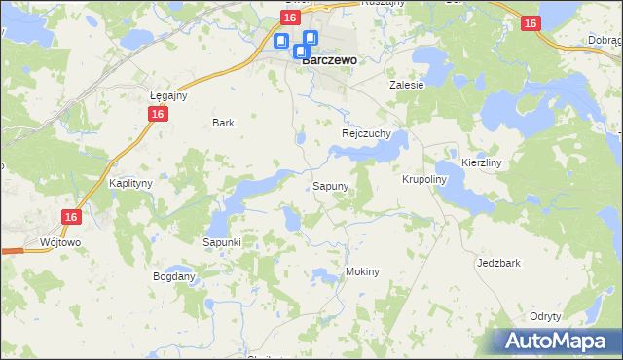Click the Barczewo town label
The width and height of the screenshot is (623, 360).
pyautogui.click(x=329, y=59)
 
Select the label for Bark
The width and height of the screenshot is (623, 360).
pyautogui.click(x=224, y=124)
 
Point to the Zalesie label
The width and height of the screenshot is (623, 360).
pyautogui.click(x=407, y=85)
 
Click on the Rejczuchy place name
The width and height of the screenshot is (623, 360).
pyautogui.click(x=366, y=133)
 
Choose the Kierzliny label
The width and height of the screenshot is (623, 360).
pyautogui.click(x=481, y=163)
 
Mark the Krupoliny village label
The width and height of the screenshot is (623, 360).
pyautogui.click(x=423, y=180)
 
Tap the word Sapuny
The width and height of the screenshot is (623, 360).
pyautogui.click(x=331, y=185)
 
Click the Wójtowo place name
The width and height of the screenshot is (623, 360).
pyautogui.click(x=60, y=241)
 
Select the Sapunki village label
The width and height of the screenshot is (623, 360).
pyautogui.click(x=222, y=241)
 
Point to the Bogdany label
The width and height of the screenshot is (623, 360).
pyautogui.click(x=174, y=276)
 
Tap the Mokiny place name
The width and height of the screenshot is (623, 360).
pyautogui.click(x=362, y=271)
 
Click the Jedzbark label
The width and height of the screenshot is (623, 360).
pyautogui.click(x=499, y=263)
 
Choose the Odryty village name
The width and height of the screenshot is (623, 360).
pyautogui.click(x=545, y=317)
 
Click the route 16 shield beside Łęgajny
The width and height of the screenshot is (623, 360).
pyautogui.click(x=157, y=114)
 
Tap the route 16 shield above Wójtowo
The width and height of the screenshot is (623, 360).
pyautogui.click(x=69, y=218)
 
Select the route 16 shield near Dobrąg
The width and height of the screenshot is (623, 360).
pyautogui.click(x=531, y=24)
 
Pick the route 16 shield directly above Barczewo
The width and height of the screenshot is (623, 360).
pyautogui.click(x=290, y=18)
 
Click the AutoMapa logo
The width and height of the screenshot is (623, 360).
pyautogui.click(x=555, y=342)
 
